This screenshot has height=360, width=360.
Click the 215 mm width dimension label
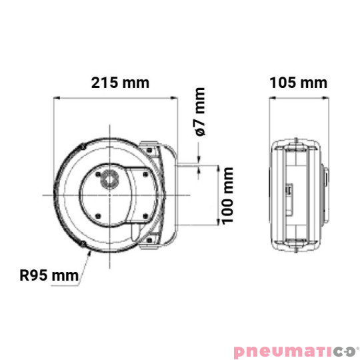click(120, 83)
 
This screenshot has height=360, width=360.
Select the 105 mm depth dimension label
click(299, 83)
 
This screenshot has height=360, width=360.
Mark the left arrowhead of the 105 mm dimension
click(271, 99)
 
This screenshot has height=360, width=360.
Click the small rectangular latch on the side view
click(290, 191)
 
